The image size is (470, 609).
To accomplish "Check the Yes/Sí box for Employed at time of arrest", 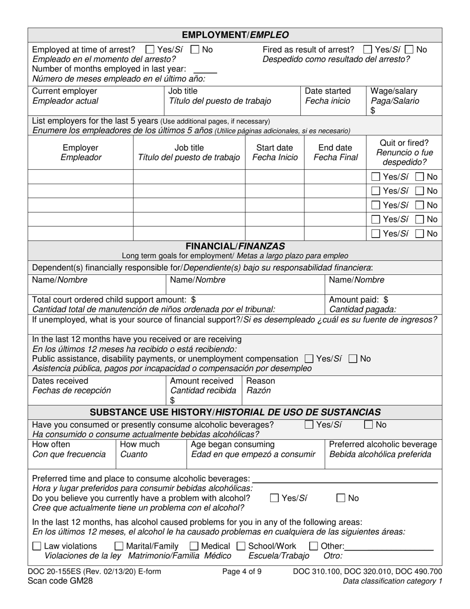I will [150, 50].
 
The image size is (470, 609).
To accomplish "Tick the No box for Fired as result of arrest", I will [409, 50].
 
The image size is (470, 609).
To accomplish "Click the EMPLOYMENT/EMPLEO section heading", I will [235, 35].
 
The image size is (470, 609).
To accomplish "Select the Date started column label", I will [328, 91].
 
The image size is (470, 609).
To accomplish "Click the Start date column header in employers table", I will [275, 148].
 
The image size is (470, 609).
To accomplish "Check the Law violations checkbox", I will [37, 547].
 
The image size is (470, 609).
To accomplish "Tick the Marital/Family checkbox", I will [119, 547].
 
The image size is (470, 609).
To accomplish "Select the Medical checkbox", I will [194, 547].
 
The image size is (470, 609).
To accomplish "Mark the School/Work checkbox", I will [241, 547].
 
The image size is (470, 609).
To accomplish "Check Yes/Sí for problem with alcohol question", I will [275, 498].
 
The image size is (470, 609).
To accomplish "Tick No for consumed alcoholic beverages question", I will [369, 424].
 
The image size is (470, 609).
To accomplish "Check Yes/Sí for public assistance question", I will [309, 358].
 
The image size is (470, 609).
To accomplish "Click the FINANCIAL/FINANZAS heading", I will [235, 246].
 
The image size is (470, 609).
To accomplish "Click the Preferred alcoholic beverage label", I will [382, 444].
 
